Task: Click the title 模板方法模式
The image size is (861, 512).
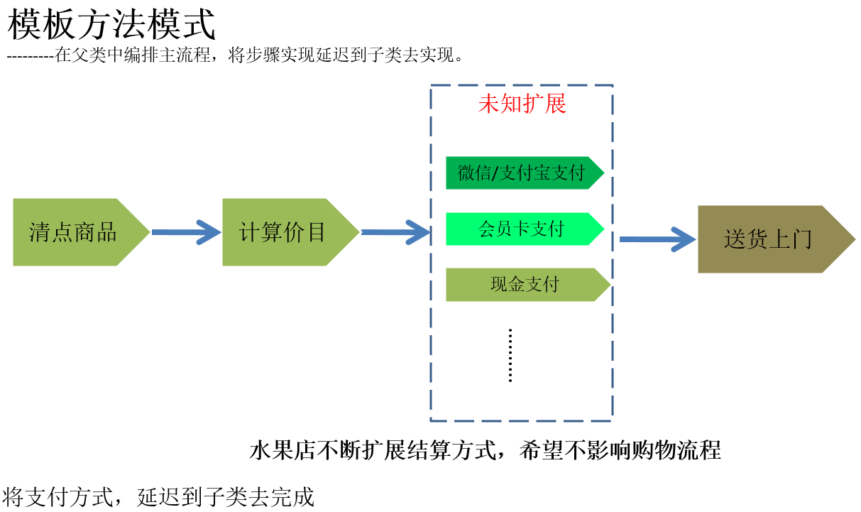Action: click(111, 26)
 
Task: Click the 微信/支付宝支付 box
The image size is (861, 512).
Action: click(522, 173)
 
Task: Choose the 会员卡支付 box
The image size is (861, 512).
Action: click(522, 229)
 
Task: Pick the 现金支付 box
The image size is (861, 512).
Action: click(525, 285)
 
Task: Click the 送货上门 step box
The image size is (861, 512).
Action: click(770, 239)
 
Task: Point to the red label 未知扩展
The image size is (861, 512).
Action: click(522, 104)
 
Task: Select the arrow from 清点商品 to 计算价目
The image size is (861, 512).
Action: click(186, 232)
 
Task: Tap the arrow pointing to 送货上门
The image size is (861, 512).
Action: click(657, 239)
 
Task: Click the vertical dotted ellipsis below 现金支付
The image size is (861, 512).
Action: click(510, 356)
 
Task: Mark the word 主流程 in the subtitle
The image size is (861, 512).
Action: click(187, 55)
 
